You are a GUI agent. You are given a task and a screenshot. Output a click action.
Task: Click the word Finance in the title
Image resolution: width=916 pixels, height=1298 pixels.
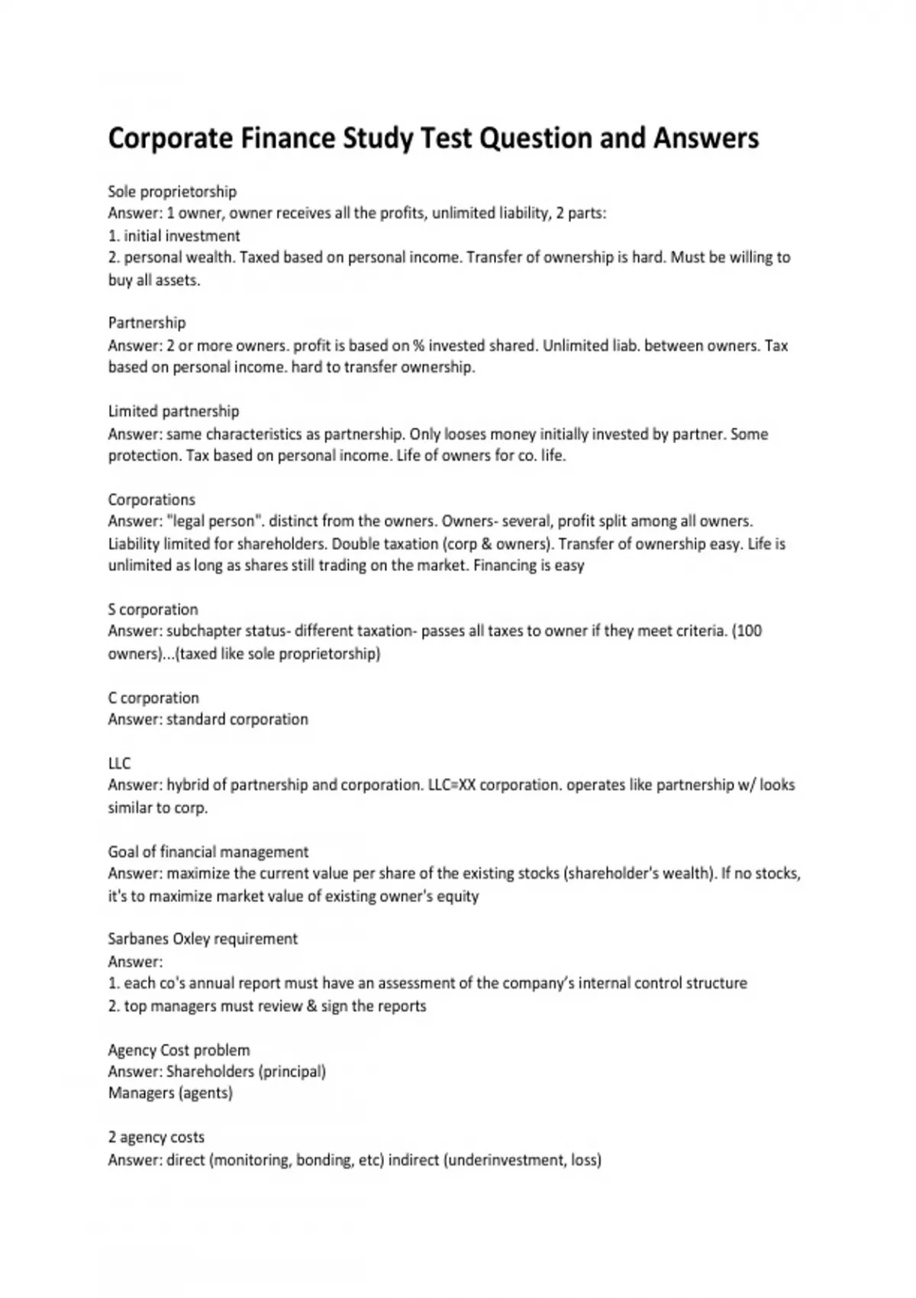point(288,138)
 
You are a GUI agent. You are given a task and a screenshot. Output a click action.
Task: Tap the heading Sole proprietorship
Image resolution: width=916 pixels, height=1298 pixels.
point(173,192)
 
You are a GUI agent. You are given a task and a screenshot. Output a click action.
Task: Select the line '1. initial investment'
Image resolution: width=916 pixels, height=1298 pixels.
point(174,236)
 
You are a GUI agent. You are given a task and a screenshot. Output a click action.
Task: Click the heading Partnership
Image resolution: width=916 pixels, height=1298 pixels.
point(147,323)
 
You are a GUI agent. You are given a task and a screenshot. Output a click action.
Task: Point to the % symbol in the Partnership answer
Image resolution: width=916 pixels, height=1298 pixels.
point(418,345)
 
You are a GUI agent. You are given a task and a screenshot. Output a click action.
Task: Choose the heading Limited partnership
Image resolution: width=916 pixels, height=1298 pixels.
point(173,412)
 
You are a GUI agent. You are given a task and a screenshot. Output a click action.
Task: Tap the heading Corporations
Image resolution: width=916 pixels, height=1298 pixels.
point(151,500)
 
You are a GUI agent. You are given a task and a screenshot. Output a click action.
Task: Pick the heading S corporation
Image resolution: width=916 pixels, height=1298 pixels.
point(153,609)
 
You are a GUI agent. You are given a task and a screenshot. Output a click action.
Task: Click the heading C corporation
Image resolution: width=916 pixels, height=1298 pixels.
point(153,698)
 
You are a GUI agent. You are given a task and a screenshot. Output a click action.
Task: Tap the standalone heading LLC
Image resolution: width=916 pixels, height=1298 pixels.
point(119,764)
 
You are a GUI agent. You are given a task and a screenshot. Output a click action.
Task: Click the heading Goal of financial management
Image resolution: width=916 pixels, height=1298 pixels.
point(208,852)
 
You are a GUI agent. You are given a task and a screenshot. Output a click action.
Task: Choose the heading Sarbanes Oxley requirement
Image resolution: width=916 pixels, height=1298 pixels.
point(203,939)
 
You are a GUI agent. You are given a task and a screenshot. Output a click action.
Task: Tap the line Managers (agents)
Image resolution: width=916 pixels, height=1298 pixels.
point(170,1093)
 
